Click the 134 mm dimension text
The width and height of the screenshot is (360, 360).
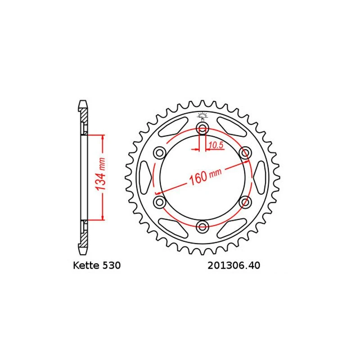coord(101,177)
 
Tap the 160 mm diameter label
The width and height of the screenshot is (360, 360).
coord(205,175)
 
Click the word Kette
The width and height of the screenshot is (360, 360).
coord(85,265)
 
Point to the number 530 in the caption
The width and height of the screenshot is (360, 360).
coord(111,265)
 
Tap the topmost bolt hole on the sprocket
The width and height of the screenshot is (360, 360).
coord(202,130)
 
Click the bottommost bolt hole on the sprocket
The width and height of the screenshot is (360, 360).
coord(202,226)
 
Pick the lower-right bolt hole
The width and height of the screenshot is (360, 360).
coord(245,202)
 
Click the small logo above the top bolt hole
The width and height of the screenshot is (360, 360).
coord(202,115)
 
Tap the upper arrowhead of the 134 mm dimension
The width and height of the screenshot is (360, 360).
coord(103,138)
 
